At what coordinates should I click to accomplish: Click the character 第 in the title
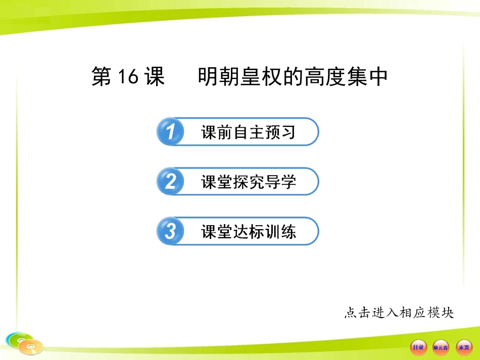(102, 77)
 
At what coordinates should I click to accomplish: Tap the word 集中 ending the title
(367, 77)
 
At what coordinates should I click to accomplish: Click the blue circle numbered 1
(170, 132)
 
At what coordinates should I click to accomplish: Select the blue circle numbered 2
(170, 182)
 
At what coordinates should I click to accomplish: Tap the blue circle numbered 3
(170, 231)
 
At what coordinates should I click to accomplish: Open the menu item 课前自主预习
(248, 132)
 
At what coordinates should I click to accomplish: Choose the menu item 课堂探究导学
(248, 182)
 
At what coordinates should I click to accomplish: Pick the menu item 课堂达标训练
(248, 231)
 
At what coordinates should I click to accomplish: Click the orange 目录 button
(417, 347)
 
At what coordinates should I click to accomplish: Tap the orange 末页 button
(463, 347)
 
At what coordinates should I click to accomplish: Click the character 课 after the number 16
(155, 77)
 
